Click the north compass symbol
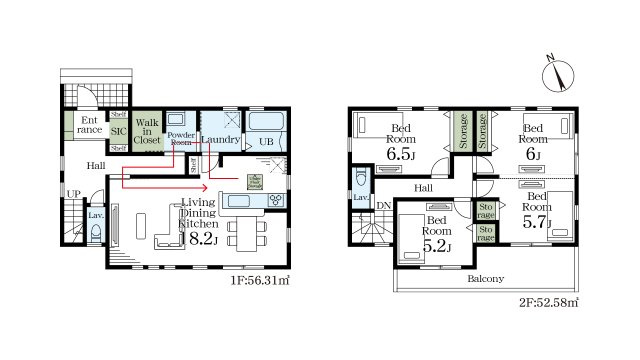[x=556, y=71]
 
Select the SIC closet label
[x=118, y=130]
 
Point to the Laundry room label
[x=220, y=140]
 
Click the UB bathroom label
[x=266, y=143]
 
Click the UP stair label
[x=72, y=194]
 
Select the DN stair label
[x=384, y=205]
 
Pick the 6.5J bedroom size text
[x=401, y=155]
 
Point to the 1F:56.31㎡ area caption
[x=260, y=283]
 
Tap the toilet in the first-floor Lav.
[x=96, y=233]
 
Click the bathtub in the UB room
[x=267, y=124]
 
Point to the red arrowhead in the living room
[x=205, y=186]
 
